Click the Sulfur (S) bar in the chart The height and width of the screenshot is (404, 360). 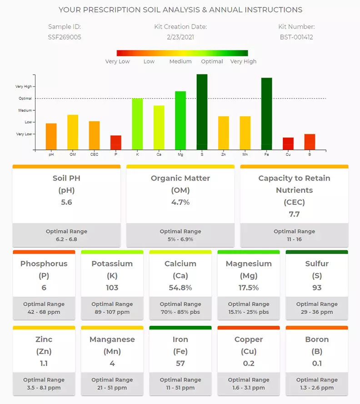coord(202,112)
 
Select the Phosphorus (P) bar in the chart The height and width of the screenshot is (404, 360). coord(116,142)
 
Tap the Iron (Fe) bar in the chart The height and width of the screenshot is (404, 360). coord(266,114)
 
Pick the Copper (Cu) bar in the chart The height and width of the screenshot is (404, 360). coord(288,143)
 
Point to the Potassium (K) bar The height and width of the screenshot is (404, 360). coord(137,124)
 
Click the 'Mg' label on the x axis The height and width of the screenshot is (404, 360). coord(180,155)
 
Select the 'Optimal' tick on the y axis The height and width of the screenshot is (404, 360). coord(25,99)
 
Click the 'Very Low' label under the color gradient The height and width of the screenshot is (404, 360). coord(117,61)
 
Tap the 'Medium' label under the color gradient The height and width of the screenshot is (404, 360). coord(180,61)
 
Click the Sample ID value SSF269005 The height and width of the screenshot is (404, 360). coord(65,37)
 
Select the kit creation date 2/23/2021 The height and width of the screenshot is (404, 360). coord(180,37)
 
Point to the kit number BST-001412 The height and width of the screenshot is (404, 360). coord(296,37)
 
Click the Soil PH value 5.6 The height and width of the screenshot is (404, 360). coord(66,202)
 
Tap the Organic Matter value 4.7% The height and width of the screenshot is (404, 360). coord(180,202)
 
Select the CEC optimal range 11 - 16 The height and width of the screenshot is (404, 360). coord(294,239)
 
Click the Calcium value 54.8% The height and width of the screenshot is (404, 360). coord(180,287)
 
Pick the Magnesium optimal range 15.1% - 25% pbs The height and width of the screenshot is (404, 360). coord(249,312)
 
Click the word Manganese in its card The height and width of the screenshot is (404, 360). coord(112,339)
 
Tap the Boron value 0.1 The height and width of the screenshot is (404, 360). coord(317,363)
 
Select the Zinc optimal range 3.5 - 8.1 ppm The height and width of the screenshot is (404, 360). coord(44,388)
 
